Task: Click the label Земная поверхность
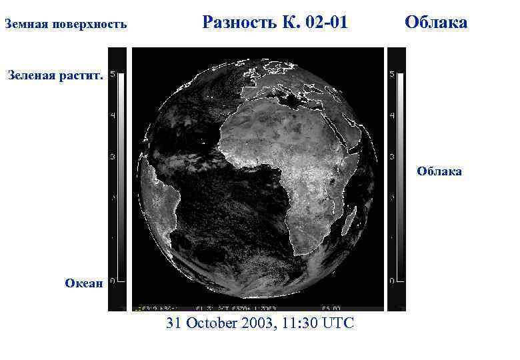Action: (65, 25)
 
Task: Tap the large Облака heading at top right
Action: (436, 23)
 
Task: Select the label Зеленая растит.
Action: (55, 76)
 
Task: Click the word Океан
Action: (84, 283)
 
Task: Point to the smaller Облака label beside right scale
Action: (439, 171)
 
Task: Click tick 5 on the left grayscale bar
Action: (112, 74)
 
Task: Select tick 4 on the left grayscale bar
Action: (112, 115)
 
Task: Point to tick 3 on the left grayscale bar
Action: (112, 157)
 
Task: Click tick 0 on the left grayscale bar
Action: (112, 281)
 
